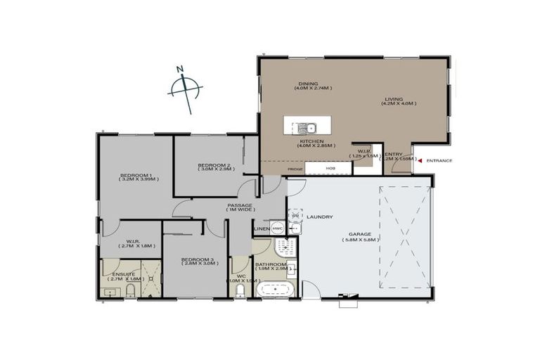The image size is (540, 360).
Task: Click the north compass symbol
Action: tap(185, 89)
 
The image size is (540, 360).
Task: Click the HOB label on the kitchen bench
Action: tap(330, 169)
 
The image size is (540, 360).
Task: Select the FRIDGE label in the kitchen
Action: tap(295, 169)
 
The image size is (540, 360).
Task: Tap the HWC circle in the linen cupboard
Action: tap(277, 229)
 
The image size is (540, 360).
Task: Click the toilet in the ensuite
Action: tap(131, 291)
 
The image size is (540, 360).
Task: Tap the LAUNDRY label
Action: tap(319, 217)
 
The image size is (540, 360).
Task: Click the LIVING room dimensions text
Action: tap(399, 104)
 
